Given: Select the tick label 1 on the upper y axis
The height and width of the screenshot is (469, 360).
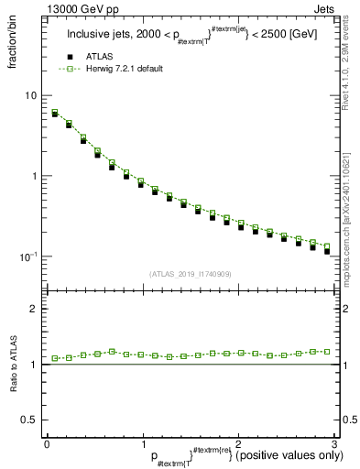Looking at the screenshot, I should coord(34,176).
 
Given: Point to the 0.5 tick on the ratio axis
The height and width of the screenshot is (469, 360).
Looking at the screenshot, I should coord(30,420).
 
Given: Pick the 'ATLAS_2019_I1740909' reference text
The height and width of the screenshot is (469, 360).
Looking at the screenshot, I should coord(190,274).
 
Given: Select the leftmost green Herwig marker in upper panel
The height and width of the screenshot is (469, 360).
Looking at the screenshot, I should coord(55,113).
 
